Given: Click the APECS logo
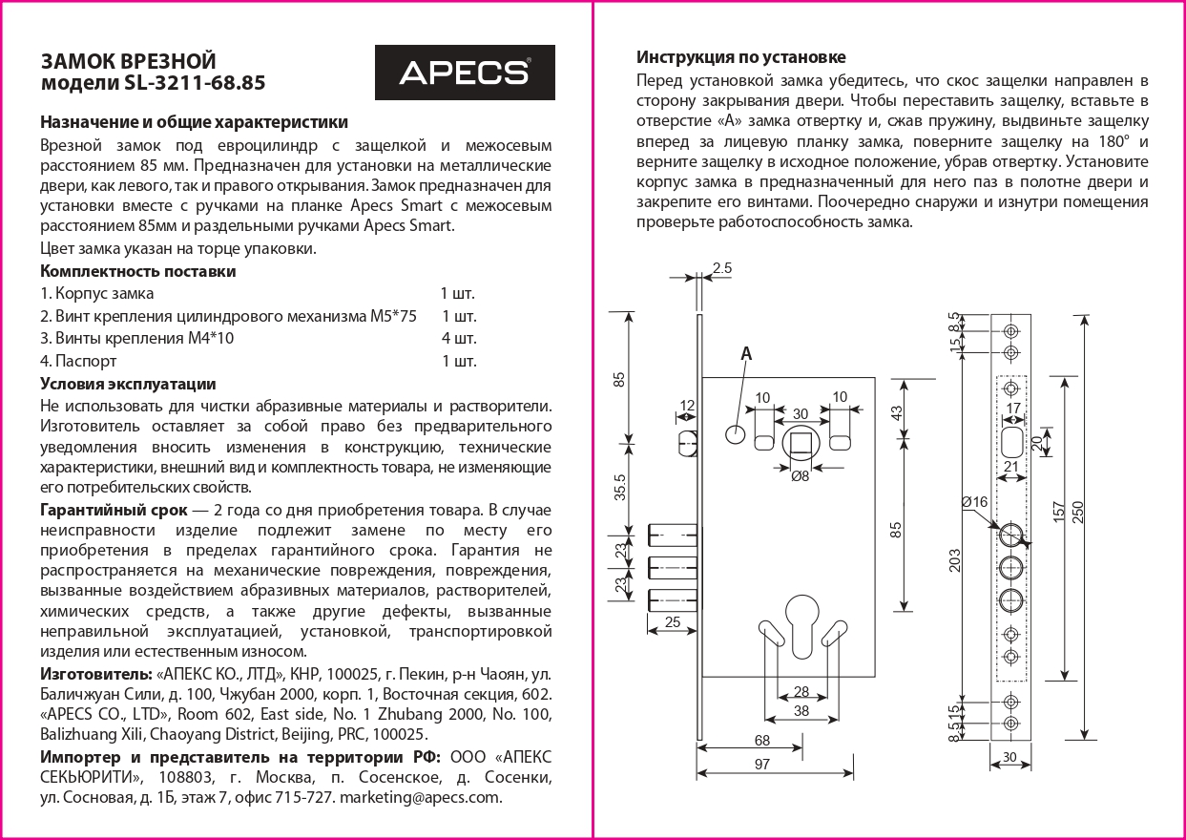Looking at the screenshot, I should coord(464,73).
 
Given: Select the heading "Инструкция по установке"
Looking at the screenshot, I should coord(740,57).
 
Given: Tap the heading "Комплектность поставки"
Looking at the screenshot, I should coord(137,271).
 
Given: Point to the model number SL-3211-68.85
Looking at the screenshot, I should coord(195,84).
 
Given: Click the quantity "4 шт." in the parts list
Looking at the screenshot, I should coord(459,339).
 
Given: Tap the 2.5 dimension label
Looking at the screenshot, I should coord(721,269).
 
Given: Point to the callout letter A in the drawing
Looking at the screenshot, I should coord(746,354).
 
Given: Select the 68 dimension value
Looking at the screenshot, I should coord(762,740).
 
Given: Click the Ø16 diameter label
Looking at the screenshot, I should coord(974,502).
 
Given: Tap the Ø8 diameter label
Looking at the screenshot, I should coord(800,476).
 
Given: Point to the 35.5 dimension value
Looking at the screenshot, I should coord(620,488).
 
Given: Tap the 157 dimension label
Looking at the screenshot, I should coord(1059,512).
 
